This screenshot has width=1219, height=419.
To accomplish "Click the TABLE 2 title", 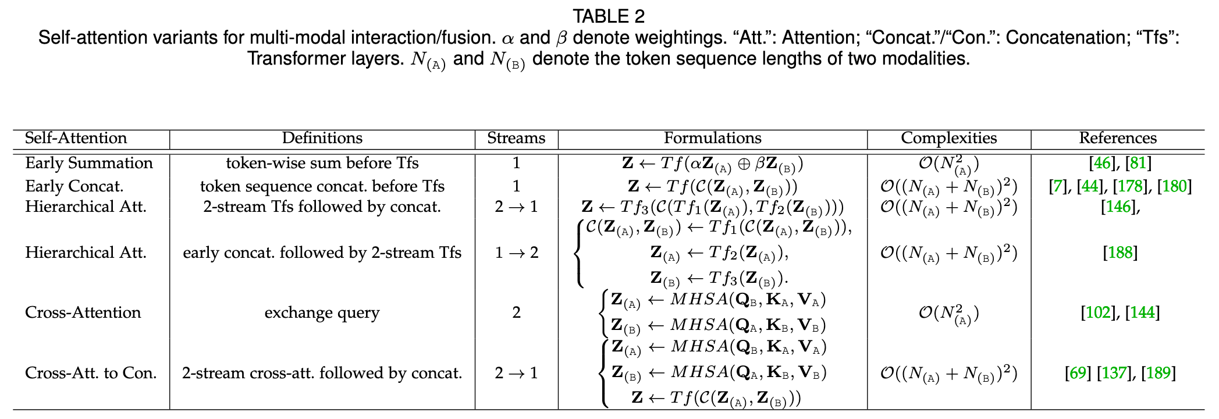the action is [x=609, y=16].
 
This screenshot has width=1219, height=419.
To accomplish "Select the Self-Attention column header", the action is [x=76, y=139].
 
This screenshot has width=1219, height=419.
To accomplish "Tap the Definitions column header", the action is [x=322, y=139].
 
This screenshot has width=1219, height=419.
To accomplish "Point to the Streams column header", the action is [x=516, y=139].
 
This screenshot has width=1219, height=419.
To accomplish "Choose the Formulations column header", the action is [x=712, y=139].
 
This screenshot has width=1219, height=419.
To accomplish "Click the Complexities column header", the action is [x=948, y=139].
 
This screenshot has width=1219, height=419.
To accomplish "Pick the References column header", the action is [x=1117, y=139].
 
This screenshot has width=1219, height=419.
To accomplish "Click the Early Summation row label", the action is [x=89, y=164].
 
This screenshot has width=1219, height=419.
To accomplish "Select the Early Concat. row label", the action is [x=74, y=186].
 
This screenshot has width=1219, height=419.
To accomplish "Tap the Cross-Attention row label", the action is [x=83, y=313].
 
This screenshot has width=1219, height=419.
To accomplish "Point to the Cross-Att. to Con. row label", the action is [x=91, y=373].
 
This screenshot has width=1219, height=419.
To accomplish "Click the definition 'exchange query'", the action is [x=322, y=313].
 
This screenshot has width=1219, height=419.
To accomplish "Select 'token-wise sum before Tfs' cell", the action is [x=322, y=164].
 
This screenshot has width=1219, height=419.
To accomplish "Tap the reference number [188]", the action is [x=1120, y=253].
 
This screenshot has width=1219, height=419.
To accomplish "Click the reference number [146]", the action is [x=1118, y=207].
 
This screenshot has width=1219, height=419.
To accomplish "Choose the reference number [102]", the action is [x=1097, y=313].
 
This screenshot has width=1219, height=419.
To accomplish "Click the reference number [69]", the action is [x=1078, y=373].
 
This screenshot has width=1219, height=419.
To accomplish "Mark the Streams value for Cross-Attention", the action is [x=516, y=313].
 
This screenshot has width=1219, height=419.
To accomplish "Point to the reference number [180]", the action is [x=1174, y=186].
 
